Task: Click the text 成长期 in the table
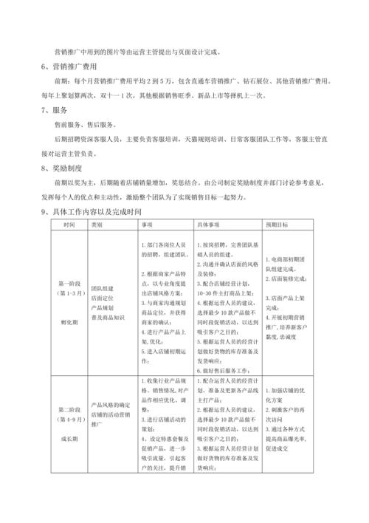69,437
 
